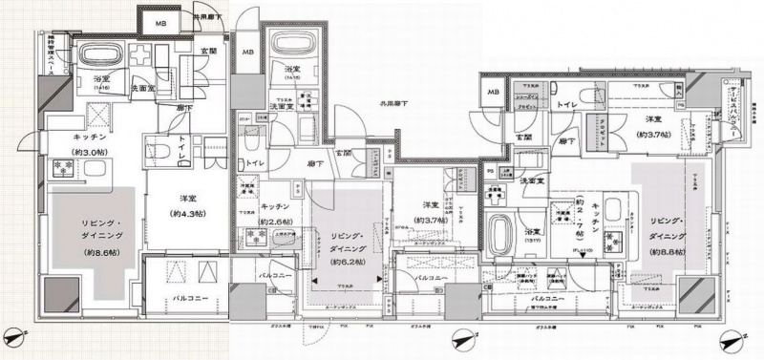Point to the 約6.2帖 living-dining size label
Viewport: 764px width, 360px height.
349,261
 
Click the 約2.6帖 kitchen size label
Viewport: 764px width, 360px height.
276,222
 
